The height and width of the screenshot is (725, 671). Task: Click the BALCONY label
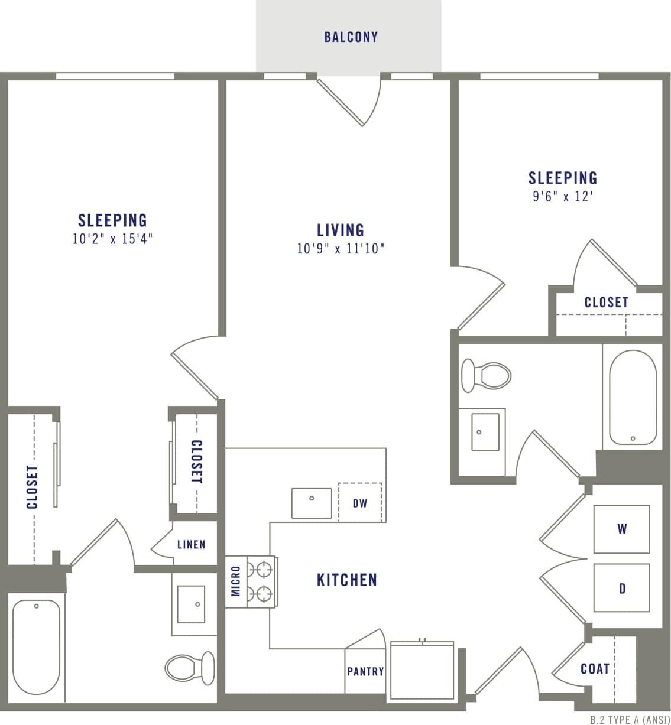click(x=351, y=37)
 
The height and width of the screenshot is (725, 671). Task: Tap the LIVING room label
click(x=341, y=230)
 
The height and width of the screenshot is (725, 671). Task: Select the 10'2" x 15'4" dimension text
click(x=112, y=239)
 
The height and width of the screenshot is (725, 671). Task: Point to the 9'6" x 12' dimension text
click(x=562, y=197)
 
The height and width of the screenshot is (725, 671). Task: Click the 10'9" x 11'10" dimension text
click(x=341, y=249)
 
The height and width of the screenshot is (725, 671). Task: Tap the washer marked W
click(x=621, y=529)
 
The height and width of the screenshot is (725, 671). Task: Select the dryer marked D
click(x=621, y=588)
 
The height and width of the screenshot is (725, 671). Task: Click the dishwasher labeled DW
click(x=360, y=503)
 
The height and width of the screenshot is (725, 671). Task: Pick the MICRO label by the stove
click(x=236, y=581)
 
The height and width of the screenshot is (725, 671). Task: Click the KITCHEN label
click(x=347, y=580)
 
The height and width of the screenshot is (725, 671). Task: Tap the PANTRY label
click(x=365, y=671)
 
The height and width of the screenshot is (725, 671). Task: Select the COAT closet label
click(x=595, y=668)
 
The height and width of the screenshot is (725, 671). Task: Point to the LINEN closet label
click(x=191, y=544)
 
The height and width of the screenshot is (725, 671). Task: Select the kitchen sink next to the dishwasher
click(x=312, y=503)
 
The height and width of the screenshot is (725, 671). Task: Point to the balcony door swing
click(x=349, y=100)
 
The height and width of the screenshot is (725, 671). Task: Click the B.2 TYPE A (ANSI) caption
click(x=630, y=720)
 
